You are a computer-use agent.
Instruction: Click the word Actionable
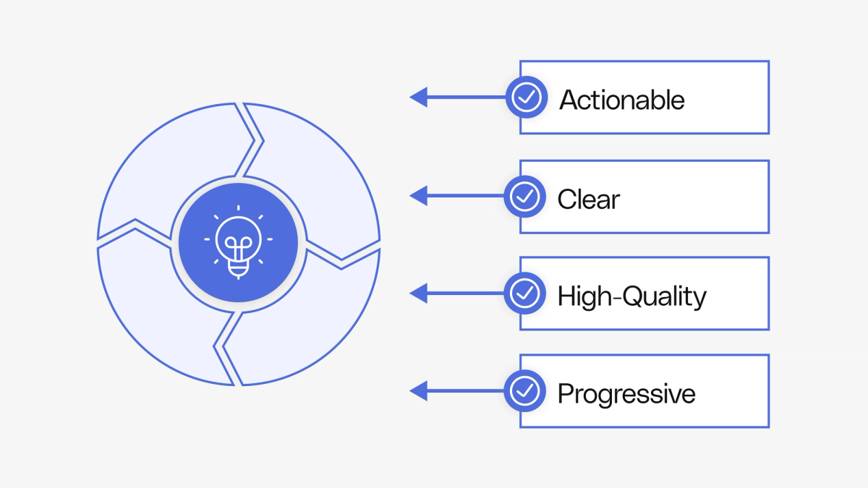[x=622, y=99]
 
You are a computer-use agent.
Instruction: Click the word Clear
[x=588, y=199]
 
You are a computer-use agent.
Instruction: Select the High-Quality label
[x=631, y=296]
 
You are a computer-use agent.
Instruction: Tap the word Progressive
[x=626, y=394]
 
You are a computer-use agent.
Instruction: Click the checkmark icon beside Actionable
[x=526, y=97]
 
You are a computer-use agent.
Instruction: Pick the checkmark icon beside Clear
[x=524, y=195]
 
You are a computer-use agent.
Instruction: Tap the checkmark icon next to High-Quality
[x=524, y=293]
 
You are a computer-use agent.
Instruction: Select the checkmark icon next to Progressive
[x=524, y=391]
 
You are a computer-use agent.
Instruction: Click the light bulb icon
[x=238, y=244]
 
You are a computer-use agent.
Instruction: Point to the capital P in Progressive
[x=565, y=394]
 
